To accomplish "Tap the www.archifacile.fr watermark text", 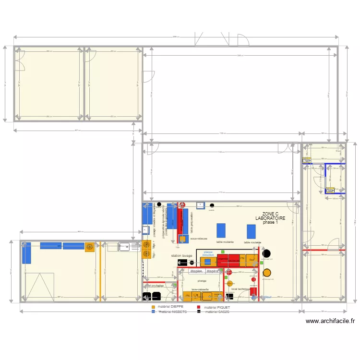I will click(330, 322).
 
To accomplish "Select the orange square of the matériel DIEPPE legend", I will click(153, 306).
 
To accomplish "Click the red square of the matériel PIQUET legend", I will click(199, 306).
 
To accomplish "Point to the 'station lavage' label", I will click(181, 256).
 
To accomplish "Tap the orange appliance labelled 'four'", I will click(252, 260).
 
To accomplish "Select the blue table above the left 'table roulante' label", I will click(221, 230).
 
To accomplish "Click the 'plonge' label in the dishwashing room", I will click(202, 281).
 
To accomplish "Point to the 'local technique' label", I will click(240, 289).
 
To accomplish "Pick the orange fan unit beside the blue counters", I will click(90, 247).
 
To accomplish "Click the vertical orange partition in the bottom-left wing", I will click(100, 271).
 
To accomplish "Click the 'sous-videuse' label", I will click(198, 238).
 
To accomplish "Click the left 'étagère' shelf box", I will click(196, 271).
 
